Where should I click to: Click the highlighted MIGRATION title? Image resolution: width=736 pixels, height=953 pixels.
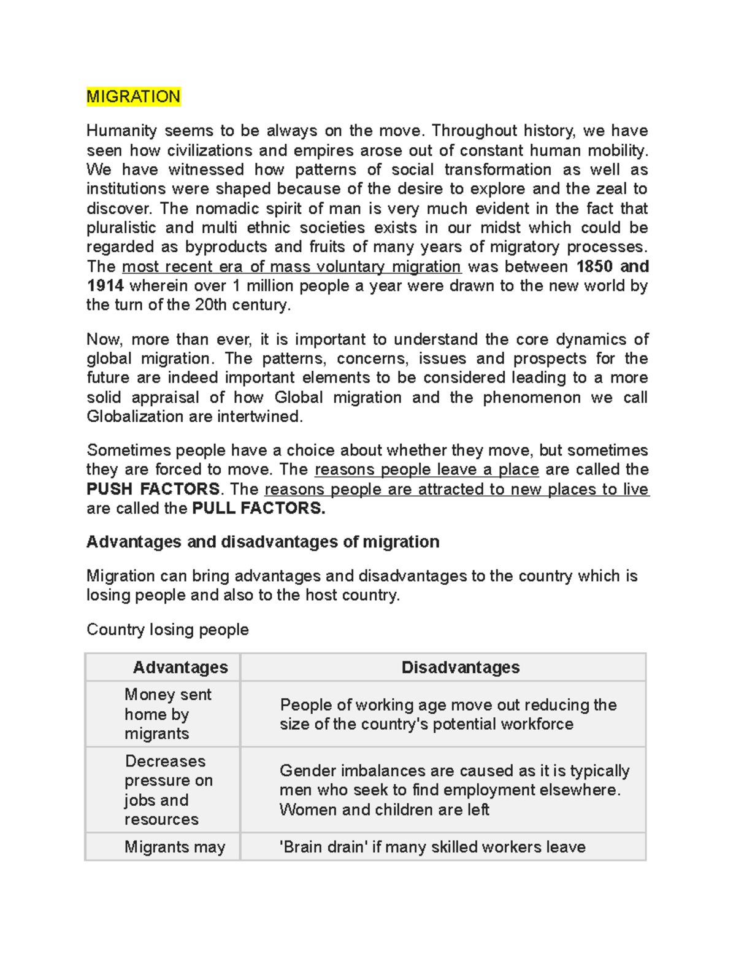(x=133, y=97)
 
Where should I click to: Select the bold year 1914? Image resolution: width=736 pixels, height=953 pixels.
(x=105, y=286)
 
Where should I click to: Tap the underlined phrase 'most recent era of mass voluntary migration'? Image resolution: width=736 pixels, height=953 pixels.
(x=291, y=267)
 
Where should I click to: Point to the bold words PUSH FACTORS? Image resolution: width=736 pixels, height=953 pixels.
(x=153, y=489)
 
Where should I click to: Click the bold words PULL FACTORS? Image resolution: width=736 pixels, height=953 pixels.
(x=258, y=508)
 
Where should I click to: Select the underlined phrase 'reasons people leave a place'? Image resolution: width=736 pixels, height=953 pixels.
(x=426, y=470)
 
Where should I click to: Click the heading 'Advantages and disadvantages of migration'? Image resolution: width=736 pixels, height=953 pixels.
(x=263, y=542)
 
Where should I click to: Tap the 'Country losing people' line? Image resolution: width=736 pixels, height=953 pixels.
(x=167, y=630)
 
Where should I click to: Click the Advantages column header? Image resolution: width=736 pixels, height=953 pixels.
(x=180, y=667)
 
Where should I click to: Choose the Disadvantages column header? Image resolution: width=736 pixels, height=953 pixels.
(x=460, y=667)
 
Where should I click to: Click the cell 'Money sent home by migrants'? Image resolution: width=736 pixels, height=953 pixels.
(x=167, y=714)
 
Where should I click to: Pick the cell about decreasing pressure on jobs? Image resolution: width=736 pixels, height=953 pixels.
(x=168, y=790)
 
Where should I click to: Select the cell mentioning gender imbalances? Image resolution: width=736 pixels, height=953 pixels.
(x=454, y=790)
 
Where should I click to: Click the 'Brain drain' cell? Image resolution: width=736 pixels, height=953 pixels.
(x=432, y=847)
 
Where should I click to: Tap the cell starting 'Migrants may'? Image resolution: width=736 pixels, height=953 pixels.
(x=175, y=847)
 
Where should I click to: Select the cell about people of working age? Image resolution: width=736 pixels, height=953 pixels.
(x=448, y=714)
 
